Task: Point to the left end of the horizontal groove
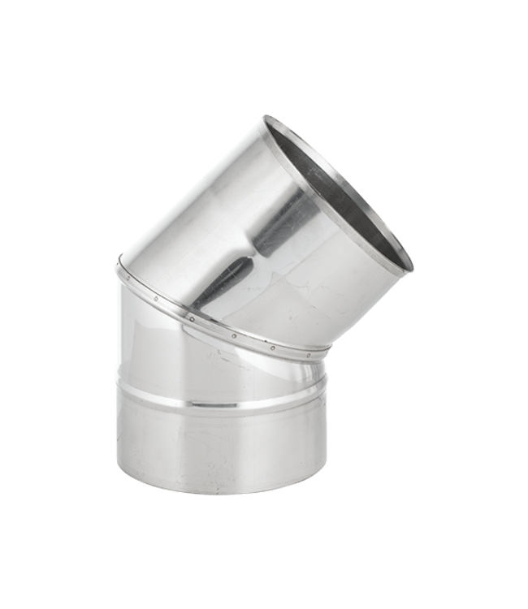click(x=115, y=388)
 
